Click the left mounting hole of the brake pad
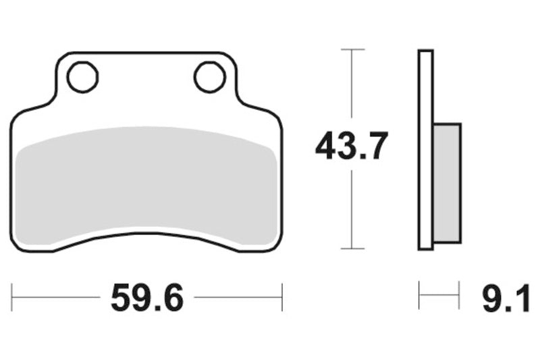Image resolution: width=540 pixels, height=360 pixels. pyautogui.click(x=83, y=77)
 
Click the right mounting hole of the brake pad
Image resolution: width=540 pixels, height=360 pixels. pyautogui.click(x=209, y=77)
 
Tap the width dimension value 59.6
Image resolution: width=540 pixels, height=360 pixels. pyautogui.click(x=146, y=297)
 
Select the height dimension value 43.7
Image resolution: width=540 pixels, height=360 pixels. pyautogui.click(x=352, y=147)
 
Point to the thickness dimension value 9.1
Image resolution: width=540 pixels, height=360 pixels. pyautogui.click(x=506, y=297)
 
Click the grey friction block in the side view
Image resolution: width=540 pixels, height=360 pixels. pyautogui.click(x=447, y=182)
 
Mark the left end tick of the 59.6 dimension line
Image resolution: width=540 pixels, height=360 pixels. pyautogui.click(x=12, y=297)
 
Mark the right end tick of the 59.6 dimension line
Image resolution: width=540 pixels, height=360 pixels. pyautogui.click(x=281, y=297)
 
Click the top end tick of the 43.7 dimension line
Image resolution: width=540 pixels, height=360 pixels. pyautogui.click(x=352, y=49)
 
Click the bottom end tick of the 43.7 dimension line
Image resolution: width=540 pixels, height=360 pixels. pyautogui.click(x=352, y=249)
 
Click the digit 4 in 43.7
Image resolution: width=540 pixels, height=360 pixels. pyautogui.click(x=327, y=147)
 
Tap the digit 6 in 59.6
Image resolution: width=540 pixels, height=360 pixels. pyautogui.click(x=171, y=297)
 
